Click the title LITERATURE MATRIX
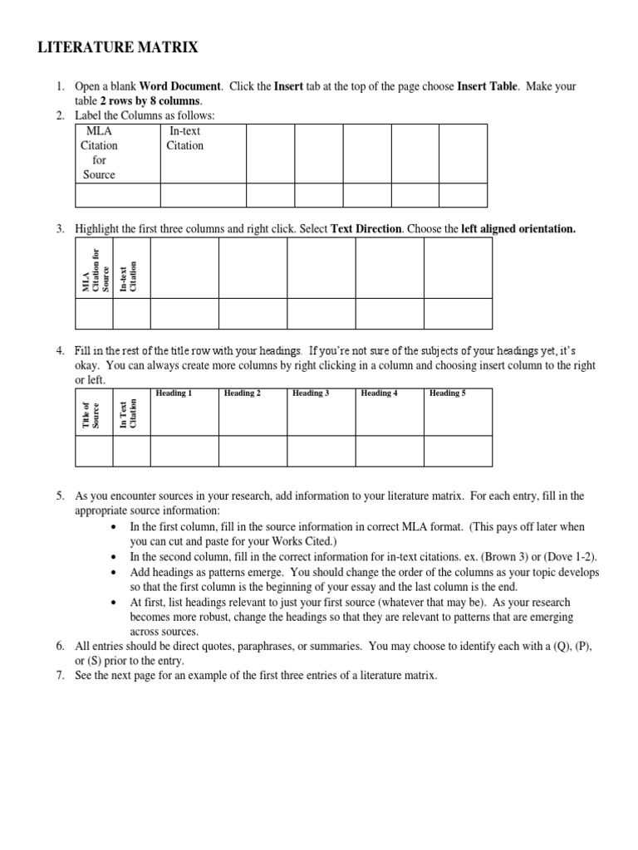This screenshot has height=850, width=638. tap(119, 48)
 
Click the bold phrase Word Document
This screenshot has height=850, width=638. tap(180, 86)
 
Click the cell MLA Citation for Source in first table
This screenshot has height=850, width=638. tap(99, 153)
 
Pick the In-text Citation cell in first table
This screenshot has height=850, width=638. tap(184, 138)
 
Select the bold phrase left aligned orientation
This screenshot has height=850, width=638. tap(518, 229)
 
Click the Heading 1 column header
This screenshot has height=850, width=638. tap(173, 393)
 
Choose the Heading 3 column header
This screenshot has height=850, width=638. tap(310, 393)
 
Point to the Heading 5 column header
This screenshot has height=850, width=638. tap(447, 393)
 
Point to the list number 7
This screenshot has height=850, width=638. tap(61, 676)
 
